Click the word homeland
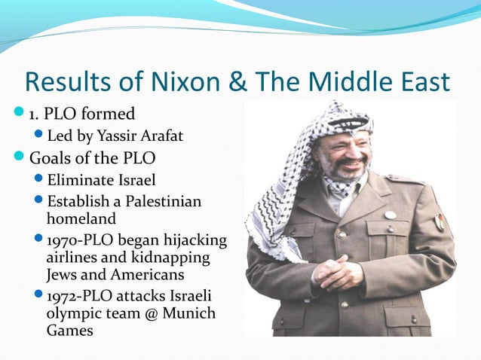point(81,219)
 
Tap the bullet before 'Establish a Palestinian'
point(39,202)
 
